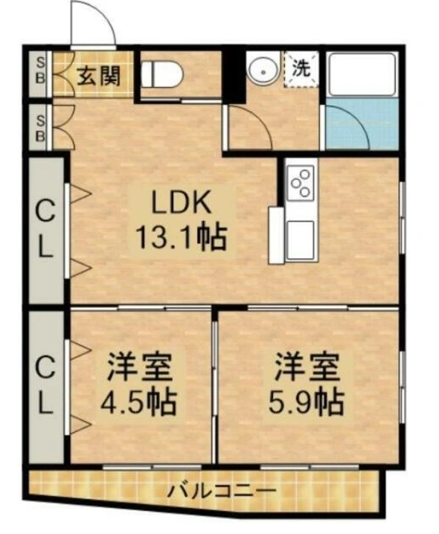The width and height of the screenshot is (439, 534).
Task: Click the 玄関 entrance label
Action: [x=98, y=76]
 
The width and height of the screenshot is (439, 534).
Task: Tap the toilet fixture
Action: [x=163, y=74]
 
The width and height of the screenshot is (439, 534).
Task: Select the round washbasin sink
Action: [x=263, y=72]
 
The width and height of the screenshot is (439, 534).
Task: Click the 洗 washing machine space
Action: [x=302, y=69]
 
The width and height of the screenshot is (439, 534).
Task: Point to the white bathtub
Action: [x=362, y=74]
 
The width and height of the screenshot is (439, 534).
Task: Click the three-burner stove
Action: [x=301, y=183]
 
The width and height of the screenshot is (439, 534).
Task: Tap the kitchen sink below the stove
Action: [x=301, y=240]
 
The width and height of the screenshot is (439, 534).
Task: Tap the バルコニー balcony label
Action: [x=222, y=491]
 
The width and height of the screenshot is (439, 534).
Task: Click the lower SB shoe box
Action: [x=40, y=128]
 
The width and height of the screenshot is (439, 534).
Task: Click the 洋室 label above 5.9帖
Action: [x=307, y=367]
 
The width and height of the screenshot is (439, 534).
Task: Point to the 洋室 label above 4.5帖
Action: [x=140, y=367]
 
